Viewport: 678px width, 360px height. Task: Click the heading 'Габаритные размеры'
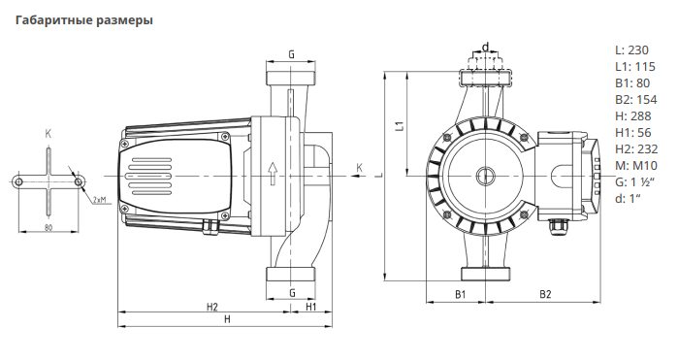[x=84, y=20]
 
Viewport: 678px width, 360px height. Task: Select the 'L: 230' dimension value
[x=631, y=50]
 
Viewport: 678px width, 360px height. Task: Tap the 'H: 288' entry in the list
[x=633, y=116]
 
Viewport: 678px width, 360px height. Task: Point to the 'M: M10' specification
[x=635, y=165]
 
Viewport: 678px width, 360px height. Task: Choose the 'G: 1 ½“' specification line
[x=634, y=181]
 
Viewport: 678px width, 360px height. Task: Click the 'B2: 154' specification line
[x=635, y=100]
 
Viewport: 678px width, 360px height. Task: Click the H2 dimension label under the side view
[x=211, y=307]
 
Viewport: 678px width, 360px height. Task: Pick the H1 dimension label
[x=311, y=307]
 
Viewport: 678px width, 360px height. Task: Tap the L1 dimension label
[x=401, y=125]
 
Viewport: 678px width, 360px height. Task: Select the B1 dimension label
[x=461, y=294]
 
